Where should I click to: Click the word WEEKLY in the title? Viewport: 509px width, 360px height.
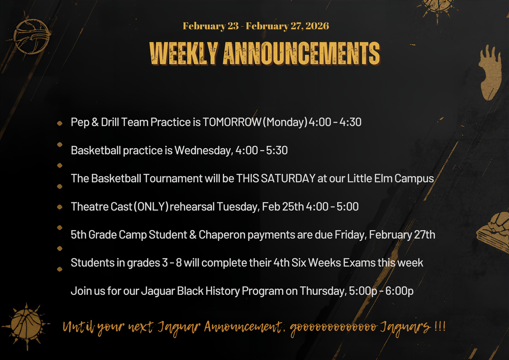click(x=183, y=53)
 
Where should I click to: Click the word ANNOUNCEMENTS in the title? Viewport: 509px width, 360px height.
click(x=301, y=53)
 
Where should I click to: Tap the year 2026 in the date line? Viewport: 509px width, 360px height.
click(x=317, y=26)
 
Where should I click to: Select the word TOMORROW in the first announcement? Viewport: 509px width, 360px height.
click(x=232, y=122)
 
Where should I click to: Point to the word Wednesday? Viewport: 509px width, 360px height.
click(x=203, y=150)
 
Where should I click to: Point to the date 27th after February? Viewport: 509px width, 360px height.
click(x=424, y=235)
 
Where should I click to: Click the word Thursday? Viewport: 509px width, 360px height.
click(x=322, y=291)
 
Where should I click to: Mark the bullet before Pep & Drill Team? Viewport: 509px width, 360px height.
click(x=60, y=123)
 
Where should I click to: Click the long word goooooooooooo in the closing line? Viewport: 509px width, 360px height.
click(x=332, y=327)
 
